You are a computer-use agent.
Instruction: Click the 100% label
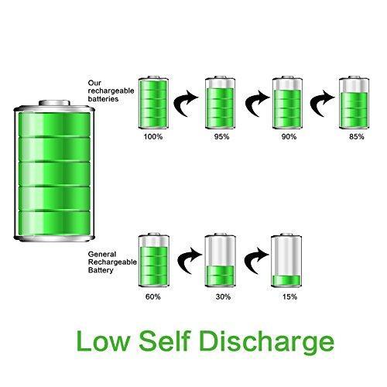pos(153,136)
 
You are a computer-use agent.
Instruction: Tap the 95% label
pos(221,136)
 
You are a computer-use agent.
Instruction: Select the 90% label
pos(289,136)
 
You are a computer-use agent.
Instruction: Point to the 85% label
pos(357,136)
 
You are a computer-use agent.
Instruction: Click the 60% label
pos(152,296)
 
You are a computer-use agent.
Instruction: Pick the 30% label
pos(223,296)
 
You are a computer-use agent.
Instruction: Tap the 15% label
pos(289,296)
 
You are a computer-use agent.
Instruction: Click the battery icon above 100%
pos(153,102)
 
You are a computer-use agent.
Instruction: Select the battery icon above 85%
pos(354,102)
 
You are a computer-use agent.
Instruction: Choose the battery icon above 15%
pos(286,260)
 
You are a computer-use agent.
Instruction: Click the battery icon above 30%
pos(221,260)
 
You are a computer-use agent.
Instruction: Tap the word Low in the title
pos(103,341)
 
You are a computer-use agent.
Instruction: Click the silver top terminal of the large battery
pos(54,103)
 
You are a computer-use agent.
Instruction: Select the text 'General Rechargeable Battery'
pos(112,262)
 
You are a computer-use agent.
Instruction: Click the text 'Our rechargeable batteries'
pos(111,91)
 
